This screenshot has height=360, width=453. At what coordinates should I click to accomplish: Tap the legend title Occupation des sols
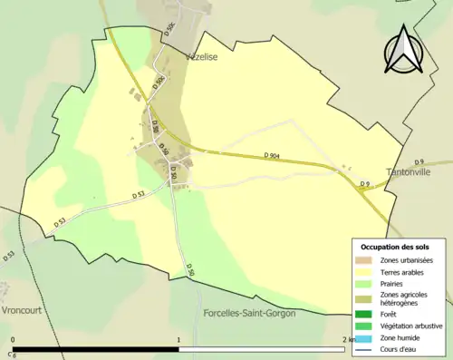tap(395, 247)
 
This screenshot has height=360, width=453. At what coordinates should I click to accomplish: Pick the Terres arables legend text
tap(405, 271)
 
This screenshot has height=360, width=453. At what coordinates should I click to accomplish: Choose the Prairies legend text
tap(394, 282)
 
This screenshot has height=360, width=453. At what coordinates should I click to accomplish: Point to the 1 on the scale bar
tap(178, 340)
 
